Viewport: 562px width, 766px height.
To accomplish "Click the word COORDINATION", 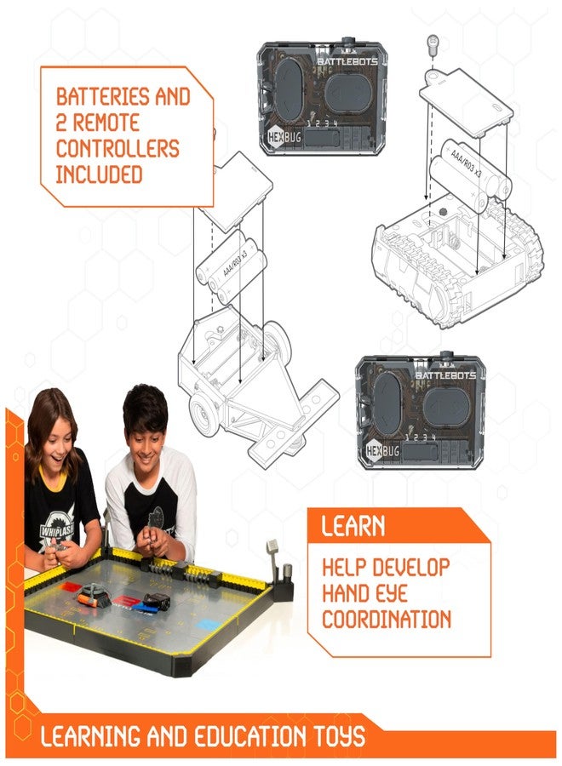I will [386, 618].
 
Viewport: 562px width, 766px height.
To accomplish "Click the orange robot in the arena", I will [95, 597].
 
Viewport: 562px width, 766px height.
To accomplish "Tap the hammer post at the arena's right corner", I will [272, 552].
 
